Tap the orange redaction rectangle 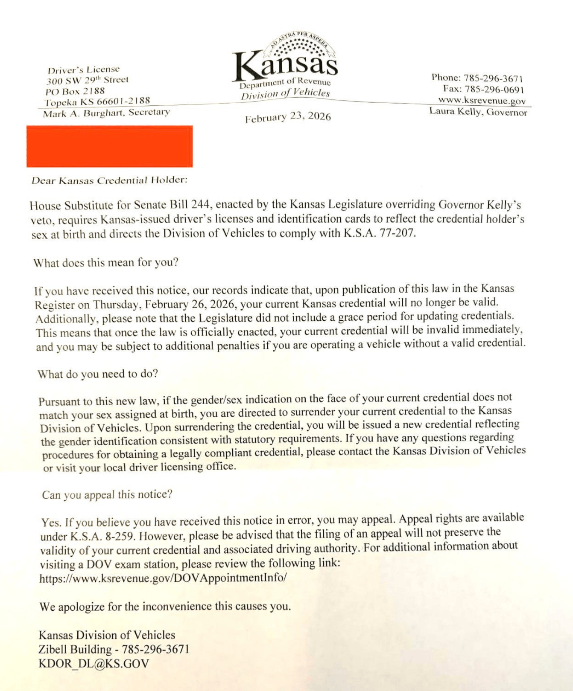pyautogui.click(x=109, y=146)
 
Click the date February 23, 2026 pyautogui.click(x=288, y=117)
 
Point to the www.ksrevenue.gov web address pyautogui.click(x=482, y=101)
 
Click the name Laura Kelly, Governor pyautogui.click(x=478, y=112)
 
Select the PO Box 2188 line pyautogui.click(x=75, y=91)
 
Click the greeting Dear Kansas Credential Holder pyautogui.click(x=109, y=180)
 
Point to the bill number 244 pyautogui.click(x=199, y=205)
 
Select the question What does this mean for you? pyautogui.click(x=106, y=262)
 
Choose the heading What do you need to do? pyautogui.click(x=98, y=374)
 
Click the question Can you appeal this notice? pyautogui.click(x=107, y=495)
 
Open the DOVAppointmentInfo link pyautogui.click(x=163, y=578)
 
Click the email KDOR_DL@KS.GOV pyautogui.click(x=94, y=664)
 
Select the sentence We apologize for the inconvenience pyautogui.click(x=165, y=607)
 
